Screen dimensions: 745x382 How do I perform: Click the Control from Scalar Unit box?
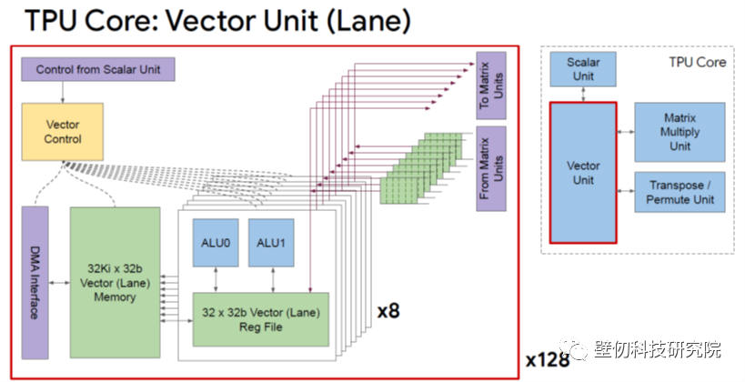tap(98, 69)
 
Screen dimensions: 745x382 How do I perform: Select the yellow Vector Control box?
tap(62, 132)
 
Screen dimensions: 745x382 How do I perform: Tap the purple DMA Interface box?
tap(35, 283)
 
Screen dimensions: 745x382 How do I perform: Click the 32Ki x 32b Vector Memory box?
tap(115, 283)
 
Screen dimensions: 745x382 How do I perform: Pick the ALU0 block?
tap(216, 243)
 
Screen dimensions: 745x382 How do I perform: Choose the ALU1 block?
tap(271, 243)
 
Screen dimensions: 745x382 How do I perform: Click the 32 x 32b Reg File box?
tap(261, 319)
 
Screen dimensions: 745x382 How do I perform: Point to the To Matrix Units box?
tap(491, 85)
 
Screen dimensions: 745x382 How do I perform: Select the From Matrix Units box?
tap(491, 168)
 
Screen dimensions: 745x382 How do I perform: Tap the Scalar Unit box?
tap(583, 69)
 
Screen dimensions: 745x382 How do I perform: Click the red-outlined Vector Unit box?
tap(583, 173)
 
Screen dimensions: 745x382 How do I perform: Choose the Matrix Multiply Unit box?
tap(680, 132)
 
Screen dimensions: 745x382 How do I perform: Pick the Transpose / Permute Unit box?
tap(680, 192)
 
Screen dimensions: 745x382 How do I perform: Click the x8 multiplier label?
tap(388, 311)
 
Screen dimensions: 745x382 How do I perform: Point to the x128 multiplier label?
tap(548, 359)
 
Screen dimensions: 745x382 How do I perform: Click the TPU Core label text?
tap(698, 62)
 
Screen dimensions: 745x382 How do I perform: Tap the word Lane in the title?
tap(367, 20)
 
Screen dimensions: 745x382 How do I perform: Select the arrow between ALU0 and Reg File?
tap(216, 280)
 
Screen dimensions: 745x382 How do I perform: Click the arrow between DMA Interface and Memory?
tap(59, 283)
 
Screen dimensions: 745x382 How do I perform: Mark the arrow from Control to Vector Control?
tap(62, 92)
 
